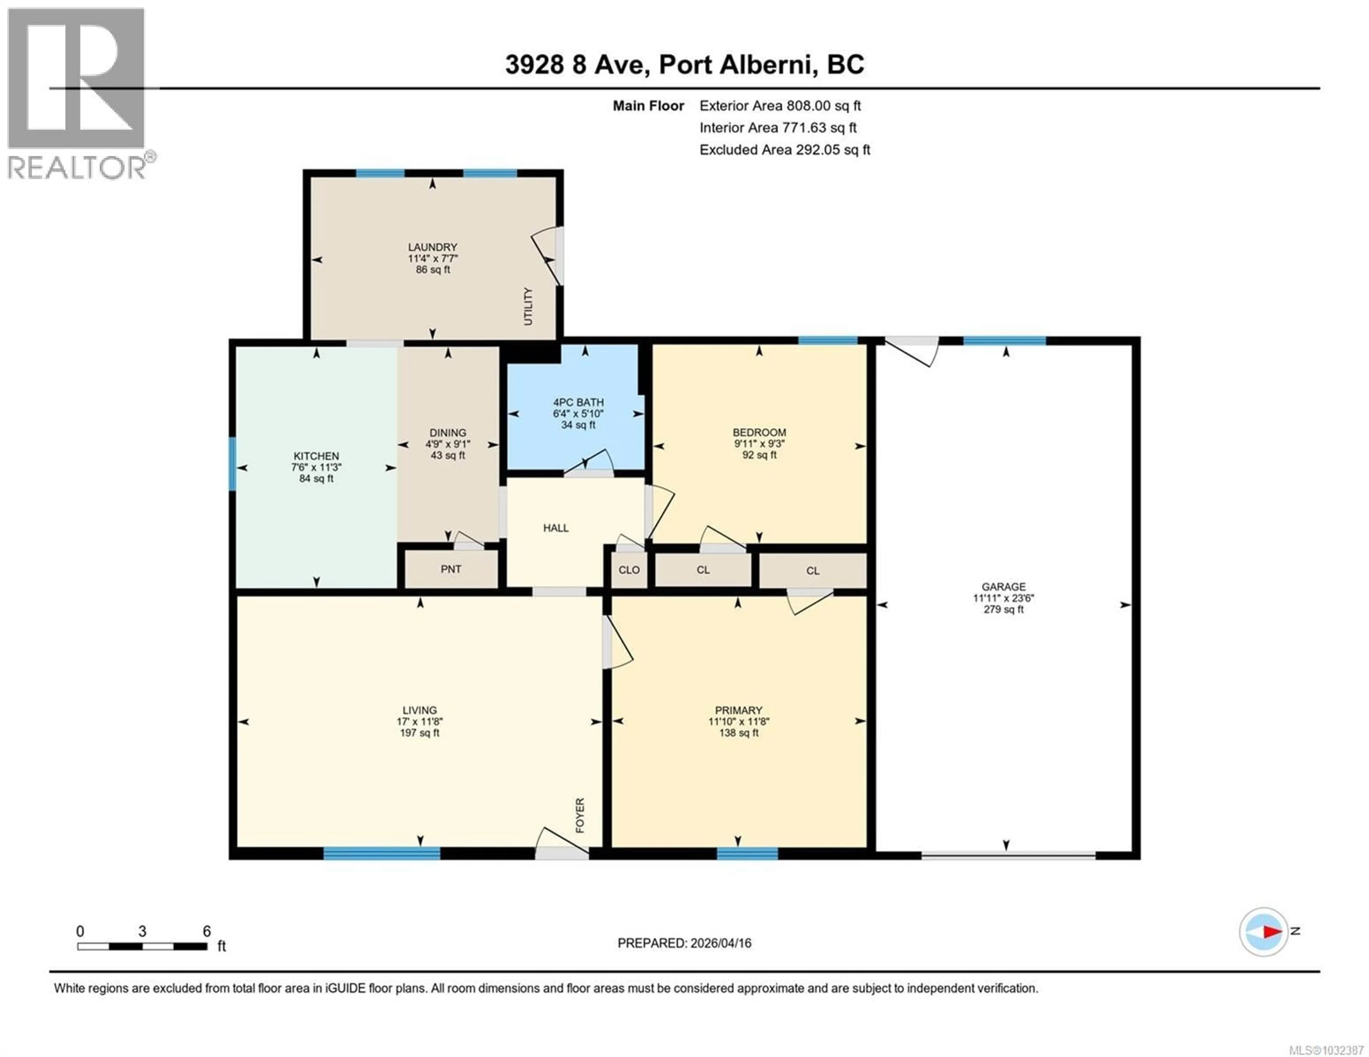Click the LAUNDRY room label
[x=432, y=247]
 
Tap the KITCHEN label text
[x=316, y=456]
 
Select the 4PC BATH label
[x=578, y=402]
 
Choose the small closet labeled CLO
[x=629, y=570]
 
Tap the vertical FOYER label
[x=580, y=815]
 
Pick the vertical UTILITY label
[x=528, y=306]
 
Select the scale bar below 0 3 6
[x=142, y=946]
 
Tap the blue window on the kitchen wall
[x=232, y=463]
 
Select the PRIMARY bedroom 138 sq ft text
[x=738, y=732]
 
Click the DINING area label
[x=447, y=432]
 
